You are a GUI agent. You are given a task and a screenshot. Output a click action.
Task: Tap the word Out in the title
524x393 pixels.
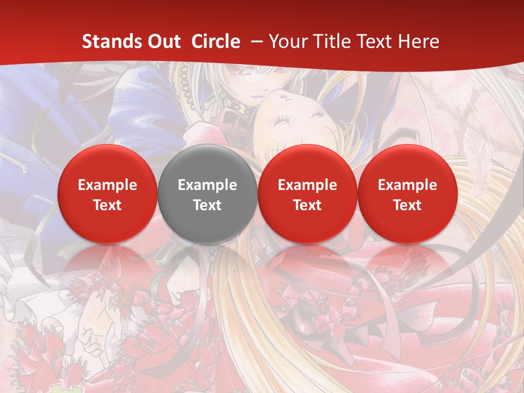[163, 41]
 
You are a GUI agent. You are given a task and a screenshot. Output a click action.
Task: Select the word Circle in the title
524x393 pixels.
[216, 41]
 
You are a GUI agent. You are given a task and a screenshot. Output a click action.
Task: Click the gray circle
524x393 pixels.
[207, 194]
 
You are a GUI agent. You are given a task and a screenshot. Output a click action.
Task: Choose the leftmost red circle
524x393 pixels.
[108, 194]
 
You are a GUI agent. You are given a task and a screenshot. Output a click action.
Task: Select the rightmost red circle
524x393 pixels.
[407, 194]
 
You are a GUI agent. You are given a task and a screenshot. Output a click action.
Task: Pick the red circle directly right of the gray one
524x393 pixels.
[307, 194]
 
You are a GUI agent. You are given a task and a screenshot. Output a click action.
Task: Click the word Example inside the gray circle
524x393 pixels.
[207, 185]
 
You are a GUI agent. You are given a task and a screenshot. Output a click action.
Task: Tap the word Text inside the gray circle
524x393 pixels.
[207, 205]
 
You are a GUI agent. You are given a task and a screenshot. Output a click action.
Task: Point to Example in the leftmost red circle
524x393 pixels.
[108, 185]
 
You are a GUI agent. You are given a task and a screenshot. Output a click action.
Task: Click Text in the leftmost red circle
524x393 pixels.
[108, 205]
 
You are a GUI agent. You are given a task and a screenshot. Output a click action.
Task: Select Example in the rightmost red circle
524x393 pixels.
[407, 185]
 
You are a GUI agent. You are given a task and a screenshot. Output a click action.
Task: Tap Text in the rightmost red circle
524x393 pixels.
[407, 205]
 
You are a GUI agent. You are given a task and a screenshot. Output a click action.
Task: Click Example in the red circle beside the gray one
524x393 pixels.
[307, 185]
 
